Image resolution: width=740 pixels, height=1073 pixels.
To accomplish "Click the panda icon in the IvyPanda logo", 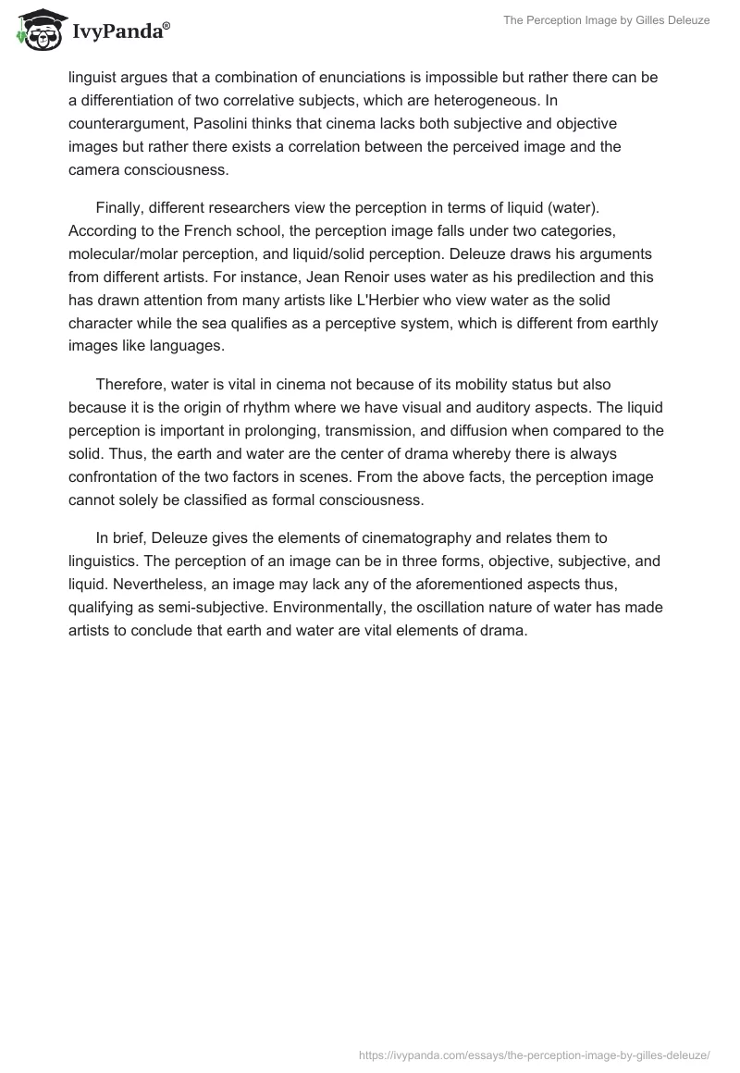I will pyautogui.click(x=34, y=31).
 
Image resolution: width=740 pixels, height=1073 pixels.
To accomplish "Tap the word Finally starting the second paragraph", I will pyautogui.click(x=119, y=210).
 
